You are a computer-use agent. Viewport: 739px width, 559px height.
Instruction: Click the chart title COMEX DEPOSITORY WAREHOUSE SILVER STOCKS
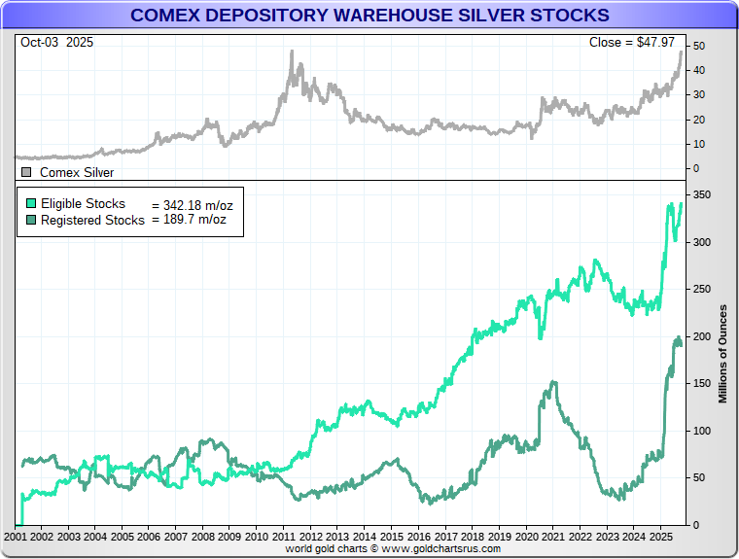pyautogui.click(x=369, y=16)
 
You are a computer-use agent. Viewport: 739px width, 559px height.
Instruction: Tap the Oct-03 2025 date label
pyautogui.click(x=55, y=42)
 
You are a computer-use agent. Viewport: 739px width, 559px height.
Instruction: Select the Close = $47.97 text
pyautogui.click(x=633, y=42)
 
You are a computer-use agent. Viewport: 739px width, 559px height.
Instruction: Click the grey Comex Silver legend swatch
pyautogui.click(x=26, y=172)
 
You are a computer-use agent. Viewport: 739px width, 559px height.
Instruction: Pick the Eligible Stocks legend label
pyautogui.click(x=84, y=204)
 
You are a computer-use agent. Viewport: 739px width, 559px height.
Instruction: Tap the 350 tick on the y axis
pyautogui.click(x=699, y=196)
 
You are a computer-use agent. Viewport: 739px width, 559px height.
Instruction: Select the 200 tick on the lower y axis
pyautogui.click(x=699, y=336)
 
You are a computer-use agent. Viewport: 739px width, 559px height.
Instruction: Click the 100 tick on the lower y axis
pyautogui.click(x=699, y=431)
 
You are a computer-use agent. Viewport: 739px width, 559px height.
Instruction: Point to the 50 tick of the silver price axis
pyautogui.click(x=697, y=47)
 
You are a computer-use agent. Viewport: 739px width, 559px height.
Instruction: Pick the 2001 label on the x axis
pyautogui.click(x=16, y=537)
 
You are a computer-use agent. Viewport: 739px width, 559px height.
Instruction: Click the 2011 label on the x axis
pyautogui.click(x=283, y=537)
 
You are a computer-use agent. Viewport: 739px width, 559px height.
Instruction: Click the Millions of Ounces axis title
pyautogui.click(x=722, y=352)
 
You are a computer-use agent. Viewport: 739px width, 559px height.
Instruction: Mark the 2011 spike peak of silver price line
pyautogui.click(x=292, y=52)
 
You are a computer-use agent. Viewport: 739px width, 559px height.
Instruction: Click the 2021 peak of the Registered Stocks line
pyautogui.click(x=553, y=382)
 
